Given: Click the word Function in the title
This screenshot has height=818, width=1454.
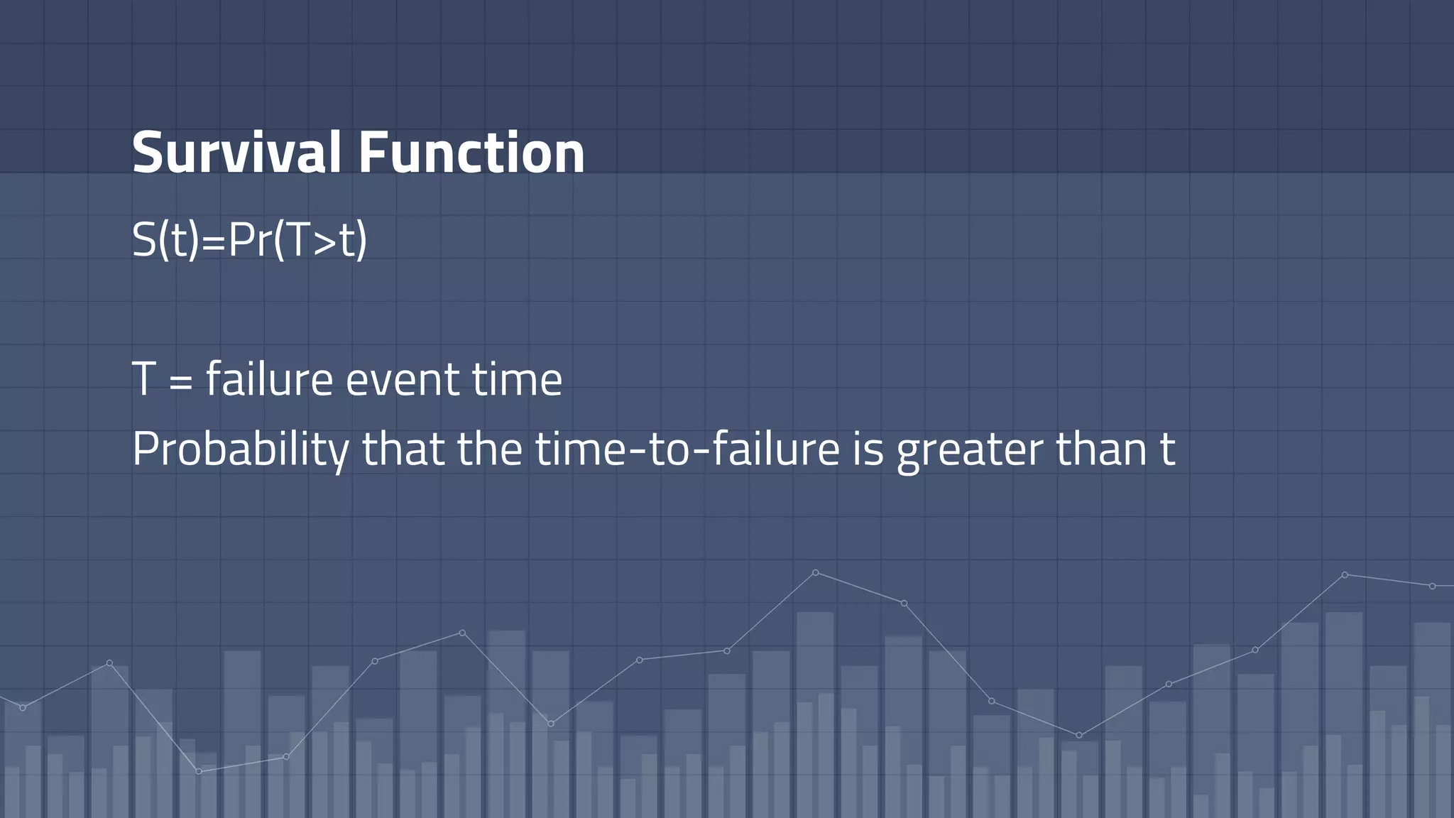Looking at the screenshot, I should [471, 152].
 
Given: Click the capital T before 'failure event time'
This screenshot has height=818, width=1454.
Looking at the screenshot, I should [143, 379].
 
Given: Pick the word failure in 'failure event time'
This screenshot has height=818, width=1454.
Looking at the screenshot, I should [269, 379].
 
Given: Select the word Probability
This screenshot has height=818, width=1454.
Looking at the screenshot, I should [241, 449].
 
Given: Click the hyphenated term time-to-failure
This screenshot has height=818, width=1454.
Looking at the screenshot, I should [687, 449].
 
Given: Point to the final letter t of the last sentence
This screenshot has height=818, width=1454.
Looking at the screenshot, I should [1167, 449].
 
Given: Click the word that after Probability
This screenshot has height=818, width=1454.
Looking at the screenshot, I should [403, 449].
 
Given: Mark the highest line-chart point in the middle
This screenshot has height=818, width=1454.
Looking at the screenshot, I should [815, 572].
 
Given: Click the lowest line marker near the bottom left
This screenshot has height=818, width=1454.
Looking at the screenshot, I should [199, 771].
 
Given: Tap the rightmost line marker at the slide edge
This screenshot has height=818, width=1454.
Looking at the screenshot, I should [1432, 586].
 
